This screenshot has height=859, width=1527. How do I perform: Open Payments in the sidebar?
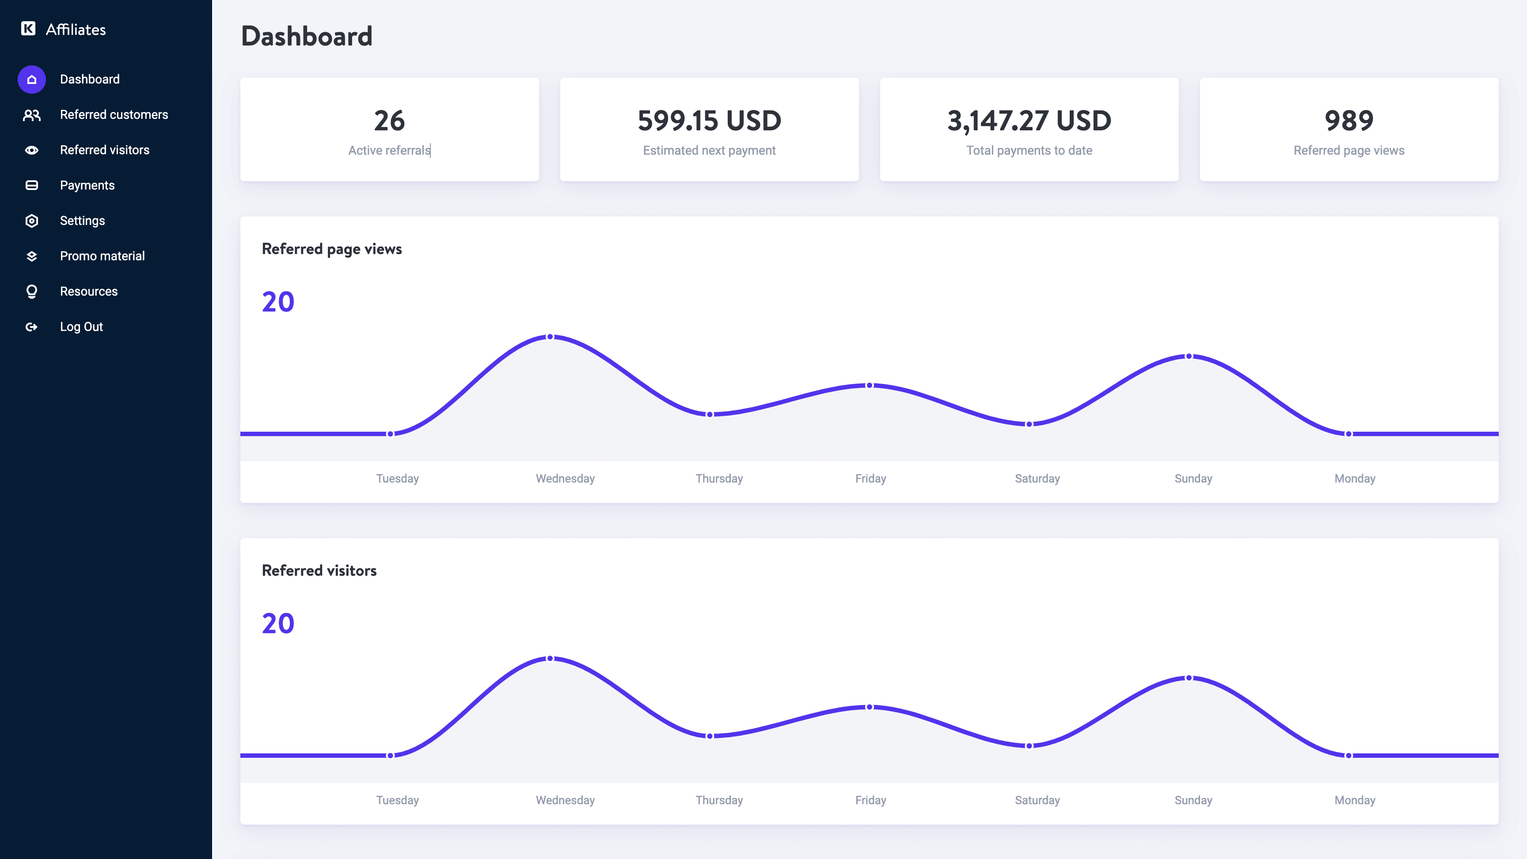pos(87,186)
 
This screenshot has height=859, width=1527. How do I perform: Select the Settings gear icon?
pos(32,221)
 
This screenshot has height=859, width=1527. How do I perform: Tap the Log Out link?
pos(81,327)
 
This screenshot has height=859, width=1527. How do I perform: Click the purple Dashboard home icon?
pos(32,80)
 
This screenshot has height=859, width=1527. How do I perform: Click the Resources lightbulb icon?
pos(32,292)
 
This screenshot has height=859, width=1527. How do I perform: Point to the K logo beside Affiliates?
pos(28,28)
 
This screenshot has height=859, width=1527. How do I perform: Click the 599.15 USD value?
pos(709,121)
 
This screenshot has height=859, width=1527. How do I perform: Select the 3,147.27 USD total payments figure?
pos(1029,121)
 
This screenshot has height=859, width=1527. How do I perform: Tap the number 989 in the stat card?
pos(1348,121)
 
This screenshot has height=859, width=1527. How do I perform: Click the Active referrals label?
pos(389,151)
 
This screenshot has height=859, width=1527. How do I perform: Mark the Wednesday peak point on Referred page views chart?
pos(550,337)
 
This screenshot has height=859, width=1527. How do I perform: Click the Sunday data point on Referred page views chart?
pos(1189,356)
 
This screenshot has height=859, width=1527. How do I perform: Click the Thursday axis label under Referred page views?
pos(719,479)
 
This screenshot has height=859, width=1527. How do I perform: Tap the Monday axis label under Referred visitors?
pos(1355,800)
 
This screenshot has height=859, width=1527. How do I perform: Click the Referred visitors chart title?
pos(319,570)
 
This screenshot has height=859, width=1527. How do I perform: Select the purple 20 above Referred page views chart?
pos(278,302)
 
